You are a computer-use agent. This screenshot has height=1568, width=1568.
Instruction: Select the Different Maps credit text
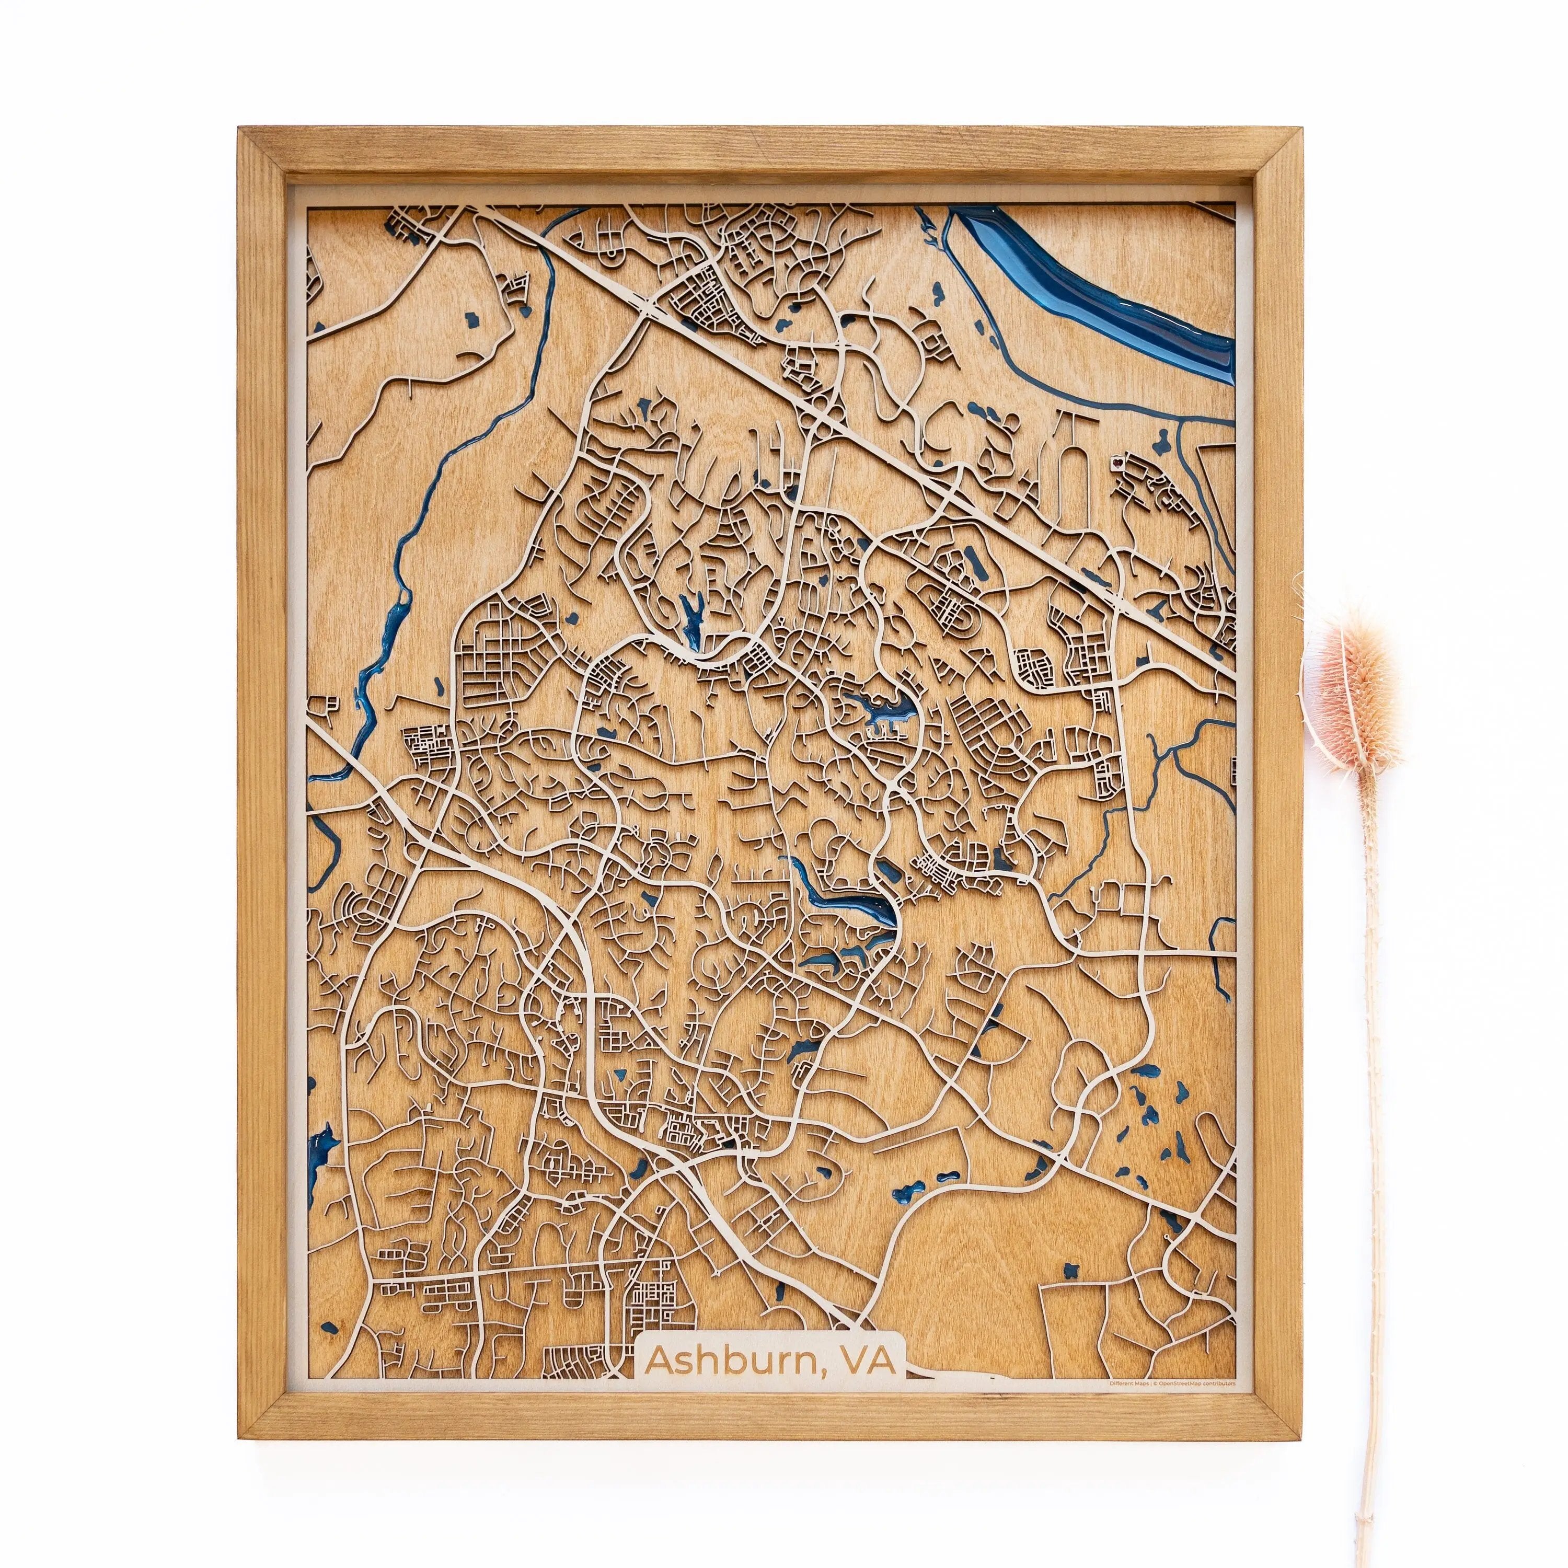point(1129,1384)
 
